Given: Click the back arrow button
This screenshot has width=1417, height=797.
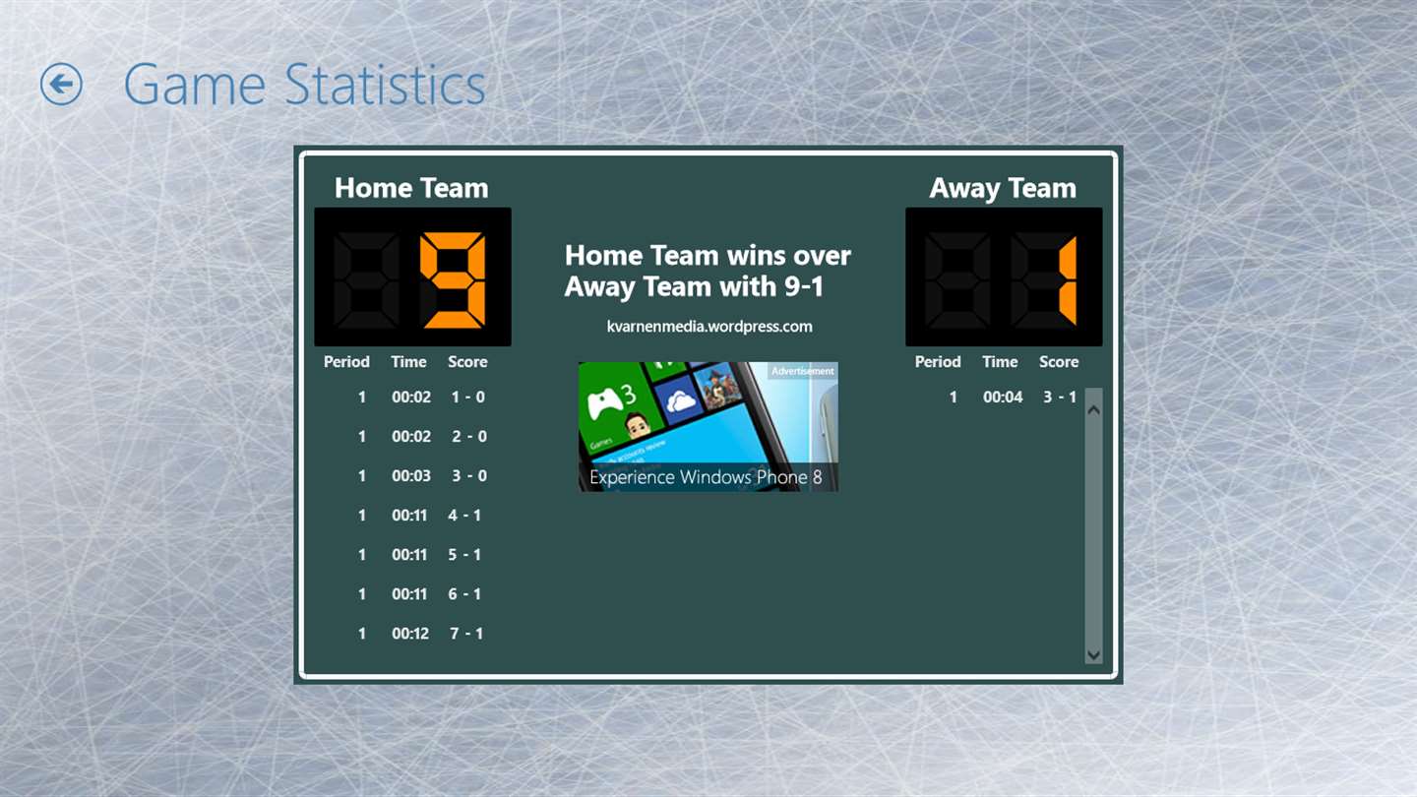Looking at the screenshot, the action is [x=61, y=84].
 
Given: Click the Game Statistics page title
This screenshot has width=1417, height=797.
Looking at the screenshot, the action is [x=305, y=85].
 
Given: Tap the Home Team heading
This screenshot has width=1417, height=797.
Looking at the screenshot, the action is [x=411, y=188].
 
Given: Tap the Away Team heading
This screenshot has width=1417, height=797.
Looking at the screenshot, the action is [x=1003, y=188].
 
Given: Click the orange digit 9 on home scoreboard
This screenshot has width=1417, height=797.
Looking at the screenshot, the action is [x=453, y=280].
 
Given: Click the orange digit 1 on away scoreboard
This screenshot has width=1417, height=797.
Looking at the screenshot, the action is [x=1068, y=280].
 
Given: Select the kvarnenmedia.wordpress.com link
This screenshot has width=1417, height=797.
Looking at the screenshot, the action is [x=709, y=327].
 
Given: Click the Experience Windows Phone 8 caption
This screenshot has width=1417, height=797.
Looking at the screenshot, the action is [x=706, y=477].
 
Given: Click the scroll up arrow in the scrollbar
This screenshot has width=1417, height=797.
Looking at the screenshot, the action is [x=1094, y=410].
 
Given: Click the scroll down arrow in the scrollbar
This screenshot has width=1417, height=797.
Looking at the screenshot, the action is [x=1094, y=654].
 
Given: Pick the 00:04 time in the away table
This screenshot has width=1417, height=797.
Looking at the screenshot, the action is [x=1003, y=398].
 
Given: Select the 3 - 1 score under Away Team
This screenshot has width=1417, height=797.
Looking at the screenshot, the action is [x=1060, y=398].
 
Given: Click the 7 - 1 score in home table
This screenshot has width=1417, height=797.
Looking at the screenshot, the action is [x=466, y=634].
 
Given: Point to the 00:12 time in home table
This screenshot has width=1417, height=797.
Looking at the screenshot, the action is [x=410, y=634].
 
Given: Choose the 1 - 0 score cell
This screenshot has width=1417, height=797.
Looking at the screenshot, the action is [x=468, y=398].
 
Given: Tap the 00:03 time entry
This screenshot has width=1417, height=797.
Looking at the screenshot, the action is [x=411, y=476].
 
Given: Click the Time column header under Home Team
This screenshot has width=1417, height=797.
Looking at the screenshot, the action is [x=408, y=362].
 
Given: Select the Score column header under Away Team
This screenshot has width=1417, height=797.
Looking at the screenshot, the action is [x=1059, y=362].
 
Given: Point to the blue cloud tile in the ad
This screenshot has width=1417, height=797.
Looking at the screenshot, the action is [x=679, y=399].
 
